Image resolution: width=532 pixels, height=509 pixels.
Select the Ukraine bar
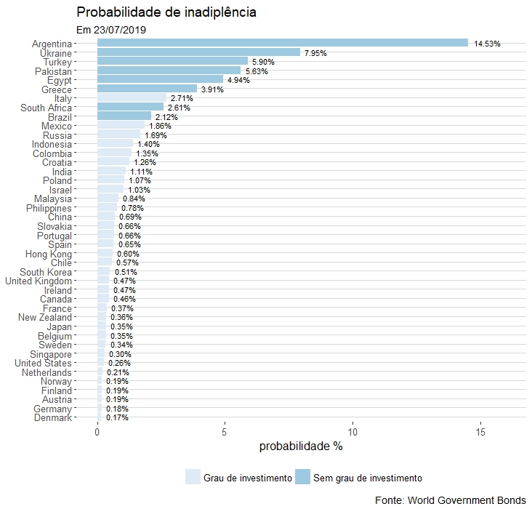point(198,52)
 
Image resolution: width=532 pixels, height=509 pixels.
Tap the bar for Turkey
point(172,62)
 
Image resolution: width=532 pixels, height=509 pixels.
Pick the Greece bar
point(147,89)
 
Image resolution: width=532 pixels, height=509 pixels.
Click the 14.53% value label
point(487,44)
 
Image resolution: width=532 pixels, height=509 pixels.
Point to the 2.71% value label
point(182,99)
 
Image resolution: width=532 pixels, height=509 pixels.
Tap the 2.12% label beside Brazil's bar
point(166,117)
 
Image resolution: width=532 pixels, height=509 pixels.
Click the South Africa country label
point(47,108)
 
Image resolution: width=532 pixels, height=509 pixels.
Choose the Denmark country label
point(53,417)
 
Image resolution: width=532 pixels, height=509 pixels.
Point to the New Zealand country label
point(45,317)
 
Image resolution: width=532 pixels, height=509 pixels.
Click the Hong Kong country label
point(49,254)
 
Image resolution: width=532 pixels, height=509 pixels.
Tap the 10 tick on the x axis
point(352,431)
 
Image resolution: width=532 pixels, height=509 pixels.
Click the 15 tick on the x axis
point(480,431)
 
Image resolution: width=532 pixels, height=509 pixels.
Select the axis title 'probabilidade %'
point(300,446)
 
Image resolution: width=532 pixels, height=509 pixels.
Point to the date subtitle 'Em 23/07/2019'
point(111,30)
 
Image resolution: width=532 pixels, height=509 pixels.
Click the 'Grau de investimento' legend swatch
point(193,477)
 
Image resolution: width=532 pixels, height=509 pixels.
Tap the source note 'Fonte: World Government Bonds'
point(450,500)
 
